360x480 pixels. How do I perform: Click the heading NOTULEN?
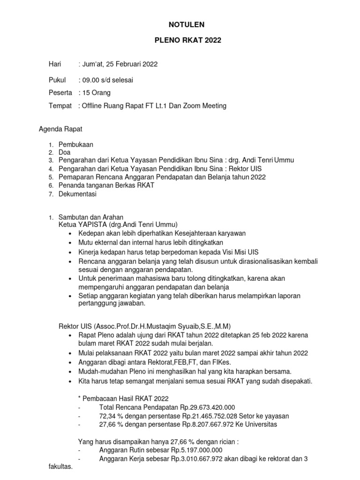pos(187,24)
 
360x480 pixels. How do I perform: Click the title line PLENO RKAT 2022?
pos(187,41)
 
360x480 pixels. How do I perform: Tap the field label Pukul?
pos(57,80)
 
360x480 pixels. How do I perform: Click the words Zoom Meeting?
pos(203,106)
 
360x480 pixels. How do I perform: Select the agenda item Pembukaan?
pos(75,145)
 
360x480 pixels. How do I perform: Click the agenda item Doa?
pos(64,153)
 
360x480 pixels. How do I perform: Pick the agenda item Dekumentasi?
pos(77,194)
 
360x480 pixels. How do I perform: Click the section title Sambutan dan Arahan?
pos(90,217)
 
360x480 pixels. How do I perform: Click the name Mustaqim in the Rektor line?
pos(163,326)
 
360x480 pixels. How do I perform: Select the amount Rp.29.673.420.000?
pos(203,407)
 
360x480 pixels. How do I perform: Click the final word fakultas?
pos(60,467)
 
